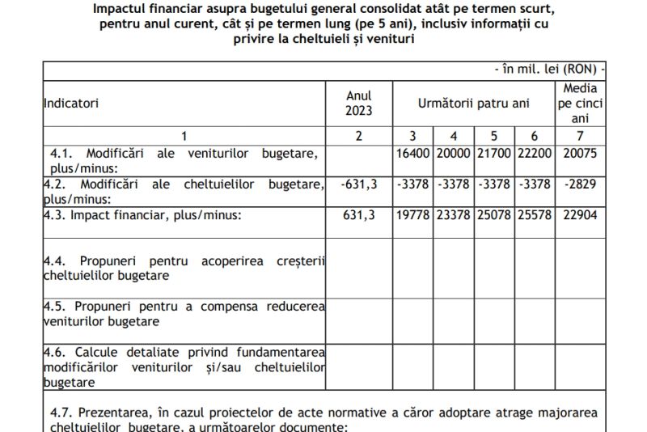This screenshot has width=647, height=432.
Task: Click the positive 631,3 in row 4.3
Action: pyautogui.click(x=359, y=215)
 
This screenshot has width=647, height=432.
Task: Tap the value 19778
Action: pyautogui.click(x=413, y=215)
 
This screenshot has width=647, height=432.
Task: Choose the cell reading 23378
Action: pyautogui.click(x=454, y=215)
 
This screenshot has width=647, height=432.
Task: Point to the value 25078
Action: pyautogui.click(x=494, y=215)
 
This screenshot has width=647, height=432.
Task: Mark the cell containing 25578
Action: pyautogui.click(x=535, y=215)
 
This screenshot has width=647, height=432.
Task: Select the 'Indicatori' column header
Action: pyautogui.click(x=70, y=104)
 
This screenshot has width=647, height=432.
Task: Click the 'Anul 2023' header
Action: pyautogui.click(x=359, y=104)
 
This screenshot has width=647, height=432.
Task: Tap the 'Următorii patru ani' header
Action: pyautogui.click(x=473, y=104)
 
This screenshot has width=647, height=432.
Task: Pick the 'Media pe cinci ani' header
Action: pyautogui.click(x=580, y=104)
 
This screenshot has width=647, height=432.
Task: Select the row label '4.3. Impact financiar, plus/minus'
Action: pyautogui.click(x=142, y=215)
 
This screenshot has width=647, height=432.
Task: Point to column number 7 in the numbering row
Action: pyautogui.click(x=580, y=134)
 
